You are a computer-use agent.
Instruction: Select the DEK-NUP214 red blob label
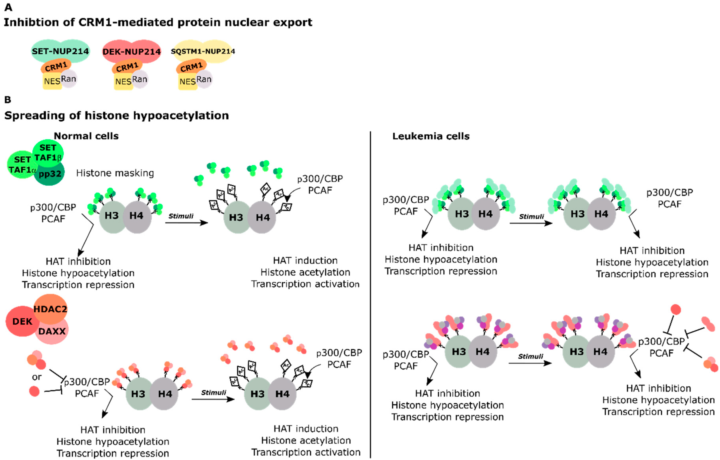click(x=132, y=51)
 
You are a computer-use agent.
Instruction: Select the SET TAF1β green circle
click(x=48, y=152)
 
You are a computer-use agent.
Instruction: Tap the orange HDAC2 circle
click(x=50, y=309)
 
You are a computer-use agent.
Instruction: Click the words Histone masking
click(x=115, y=173)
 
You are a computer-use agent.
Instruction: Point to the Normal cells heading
click(x=86, y=136)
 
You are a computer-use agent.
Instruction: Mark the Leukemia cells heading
click(x=431, y=136)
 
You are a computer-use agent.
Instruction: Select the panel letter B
click(x=8, y=100)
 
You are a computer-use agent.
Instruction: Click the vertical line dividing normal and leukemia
click(x=370, y=299)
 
